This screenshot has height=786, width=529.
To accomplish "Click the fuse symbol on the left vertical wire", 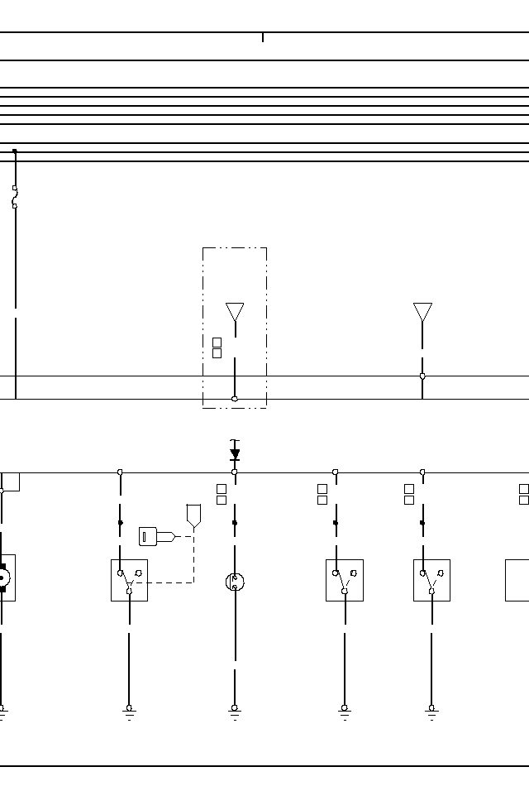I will pyautogui.click(x=15, y=197).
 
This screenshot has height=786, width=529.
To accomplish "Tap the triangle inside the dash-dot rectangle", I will pyautogui.click(x=235, y=312).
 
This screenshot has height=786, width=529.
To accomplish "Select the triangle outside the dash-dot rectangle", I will pyautogui.click(x=422, y=312).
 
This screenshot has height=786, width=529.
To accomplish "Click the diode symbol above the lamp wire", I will pyautogui.click(x=235, y=453).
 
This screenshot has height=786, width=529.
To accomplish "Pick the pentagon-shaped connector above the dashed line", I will pyautogui.click(x=193, y=515).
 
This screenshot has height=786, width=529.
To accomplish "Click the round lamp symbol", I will pyautogui.click(x=235, y=582).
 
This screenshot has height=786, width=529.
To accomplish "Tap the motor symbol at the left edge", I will pyautogui.click(x=3, y=578).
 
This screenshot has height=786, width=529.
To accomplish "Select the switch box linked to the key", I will pyautogui.click(x=129, y=580).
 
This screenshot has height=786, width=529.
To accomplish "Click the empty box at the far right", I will pyautogui.click(x=517, y=580).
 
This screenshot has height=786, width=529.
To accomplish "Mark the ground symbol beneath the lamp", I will pyautogui.click(x=235, y=710).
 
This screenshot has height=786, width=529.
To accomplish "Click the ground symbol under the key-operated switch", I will pyautogui.click(x=129, y=710).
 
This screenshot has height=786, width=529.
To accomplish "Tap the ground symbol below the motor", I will pyautogui.click(x=2, y=710).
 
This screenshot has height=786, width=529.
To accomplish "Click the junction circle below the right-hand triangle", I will pyautogui.click(x=422, y=376).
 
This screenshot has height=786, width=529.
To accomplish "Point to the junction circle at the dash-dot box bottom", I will pyautogui.click(x=235, y=399).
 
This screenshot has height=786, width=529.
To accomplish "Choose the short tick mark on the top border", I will pyautogui.click(x=263, y=37).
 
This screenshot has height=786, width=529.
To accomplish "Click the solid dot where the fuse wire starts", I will pyautogui.click(x=15, y=151).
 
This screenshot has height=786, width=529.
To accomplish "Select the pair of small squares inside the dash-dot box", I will pyautogui.click(x=217, y=347).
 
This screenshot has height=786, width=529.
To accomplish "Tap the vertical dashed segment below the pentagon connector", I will pyautogui.click(x=193, y=558).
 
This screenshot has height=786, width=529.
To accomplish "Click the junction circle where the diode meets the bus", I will pyautogui.click(x=235, y=472).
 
